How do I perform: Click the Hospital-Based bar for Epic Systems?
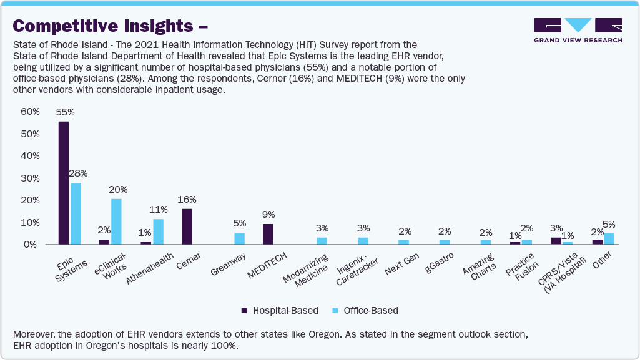(64, 183)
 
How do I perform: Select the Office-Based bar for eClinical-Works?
(116, 221)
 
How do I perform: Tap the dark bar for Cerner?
(187, 226)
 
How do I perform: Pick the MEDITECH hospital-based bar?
(268, 234)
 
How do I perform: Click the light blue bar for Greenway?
(240, 238)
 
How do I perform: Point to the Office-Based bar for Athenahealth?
(158, 231)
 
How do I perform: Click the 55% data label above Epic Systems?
(65, 112)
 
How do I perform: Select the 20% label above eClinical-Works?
(118, 189)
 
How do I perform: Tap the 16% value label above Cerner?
(187, 200)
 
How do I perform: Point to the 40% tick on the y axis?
(31, 156)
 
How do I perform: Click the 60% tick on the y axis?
(31, 112)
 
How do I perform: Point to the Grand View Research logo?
(578, 30)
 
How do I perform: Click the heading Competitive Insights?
(104, 26)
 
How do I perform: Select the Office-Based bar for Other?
(609, 238)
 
